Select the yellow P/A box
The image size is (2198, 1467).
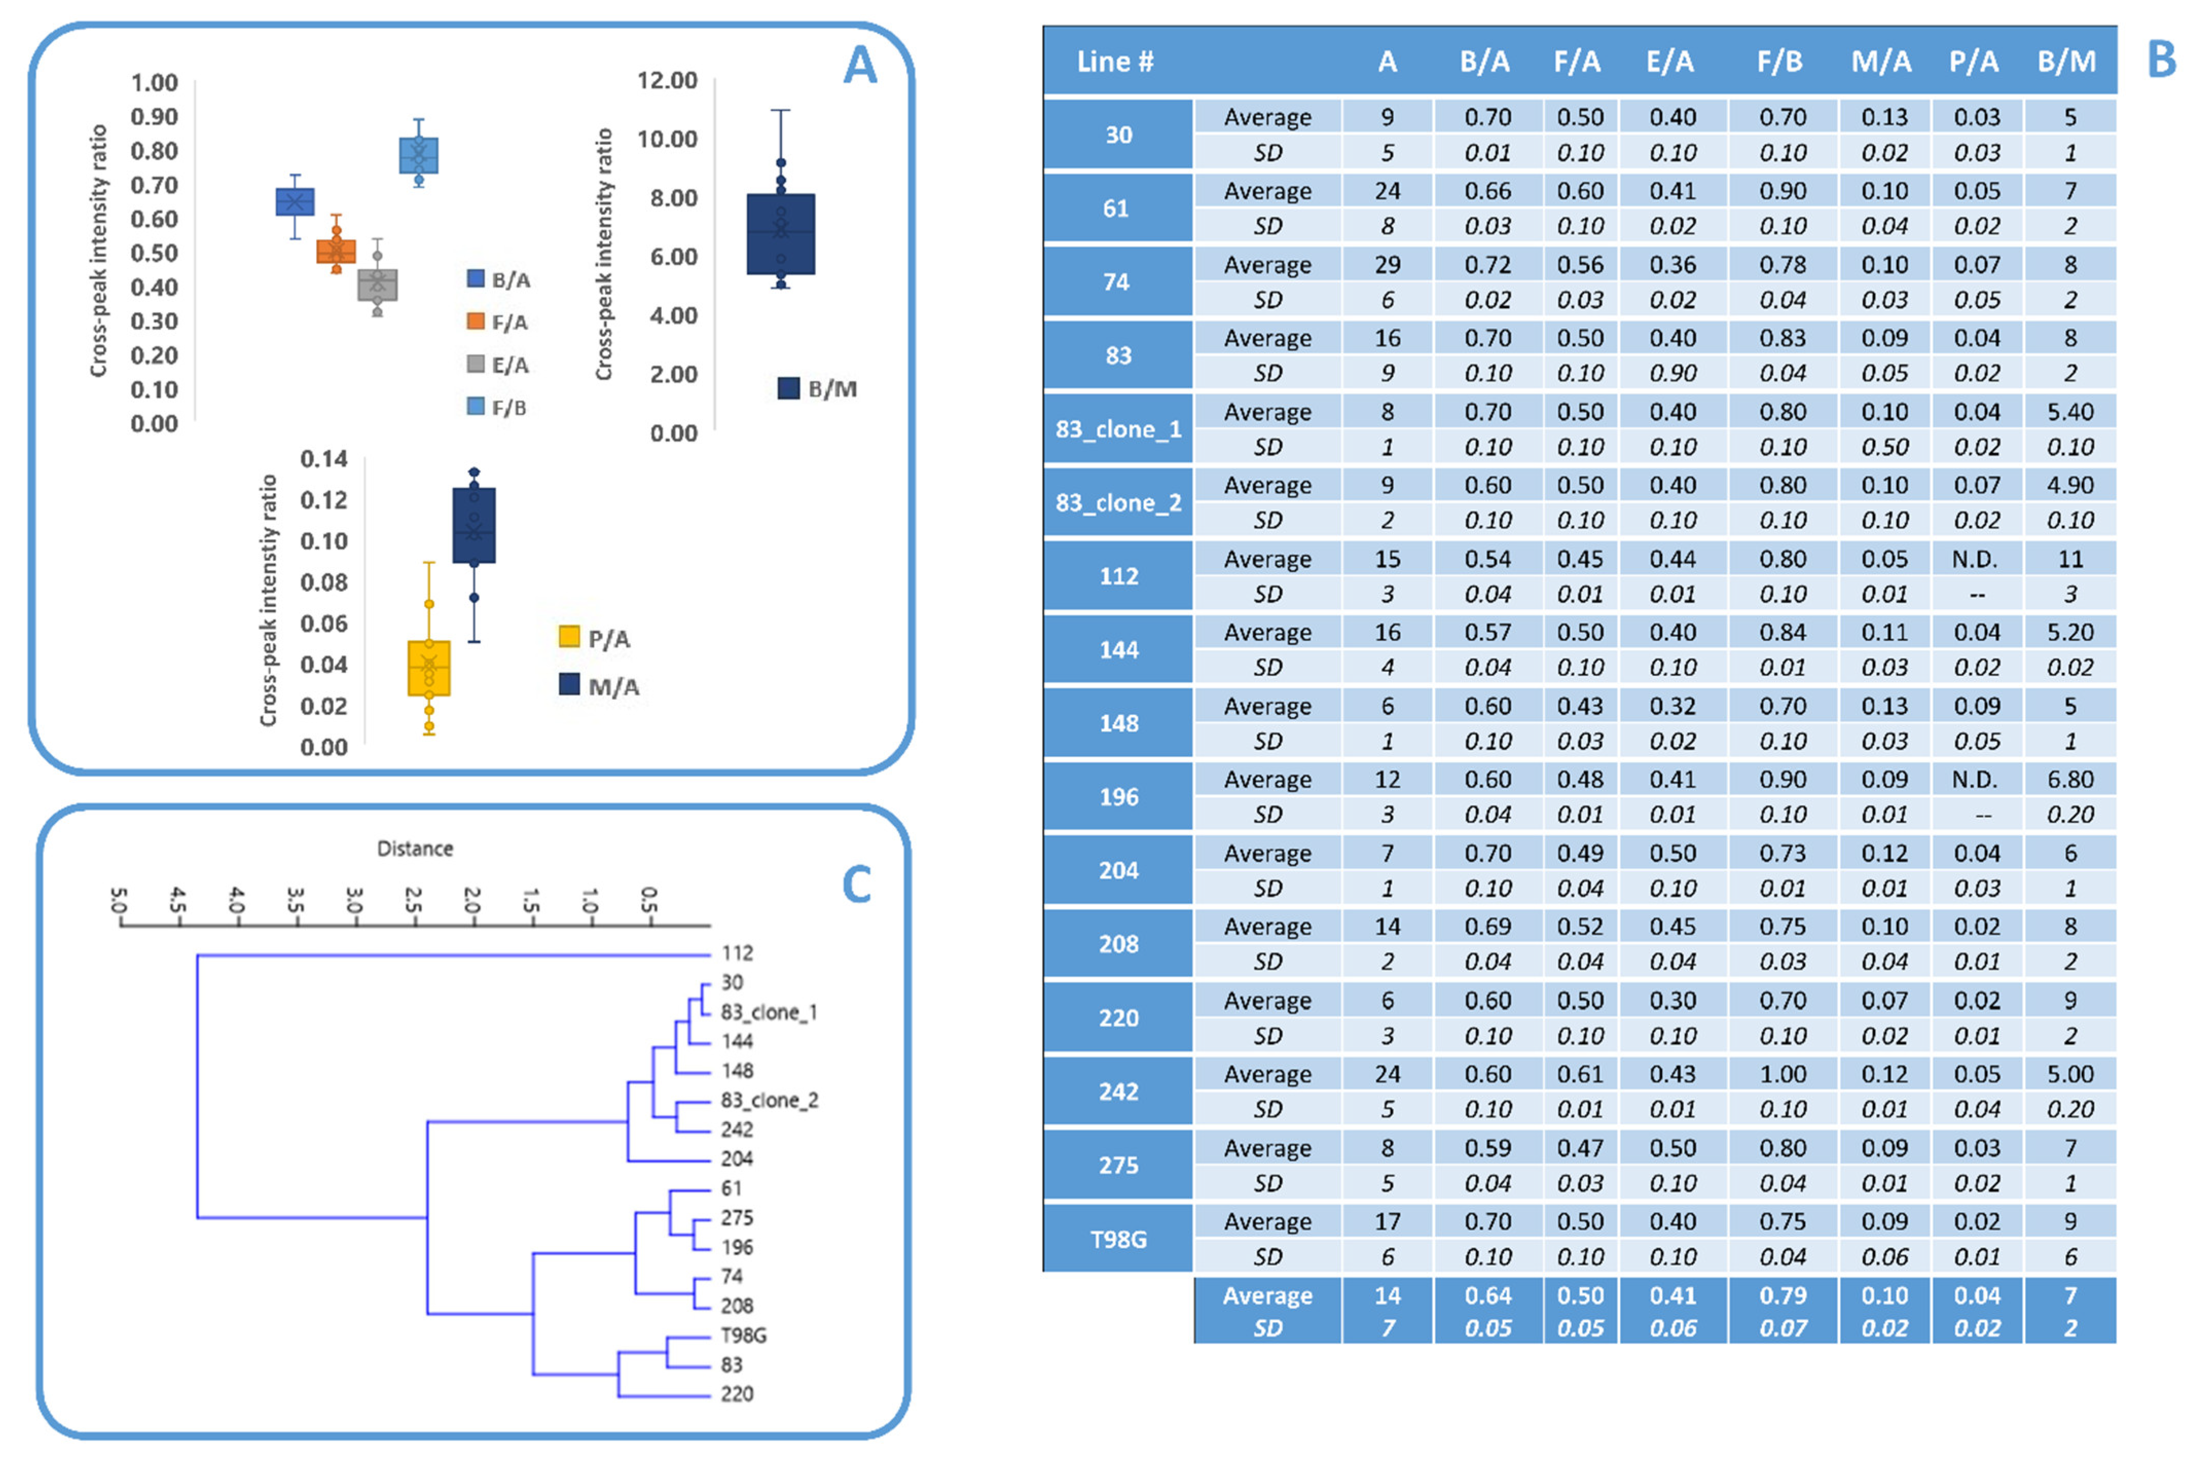429,668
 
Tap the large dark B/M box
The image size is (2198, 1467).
780,234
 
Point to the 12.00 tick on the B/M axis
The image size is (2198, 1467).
667,81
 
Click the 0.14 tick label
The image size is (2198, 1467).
324,459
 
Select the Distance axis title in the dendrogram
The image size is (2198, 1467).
414,849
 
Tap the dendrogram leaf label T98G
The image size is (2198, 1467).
744,1335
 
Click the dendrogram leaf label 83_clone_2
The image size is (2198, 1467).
769,1100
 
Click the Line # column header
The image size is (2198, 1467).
1115,62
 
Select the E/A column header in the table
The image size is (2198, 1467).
1671,62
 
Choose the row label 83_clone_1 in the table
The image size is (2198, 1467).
1118,429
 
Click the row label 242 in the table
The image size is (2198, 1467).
1118,1092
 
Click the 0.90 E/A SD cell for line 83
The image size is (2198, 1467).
1672,373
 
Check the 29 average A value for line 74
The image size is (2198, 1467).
1388,265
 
